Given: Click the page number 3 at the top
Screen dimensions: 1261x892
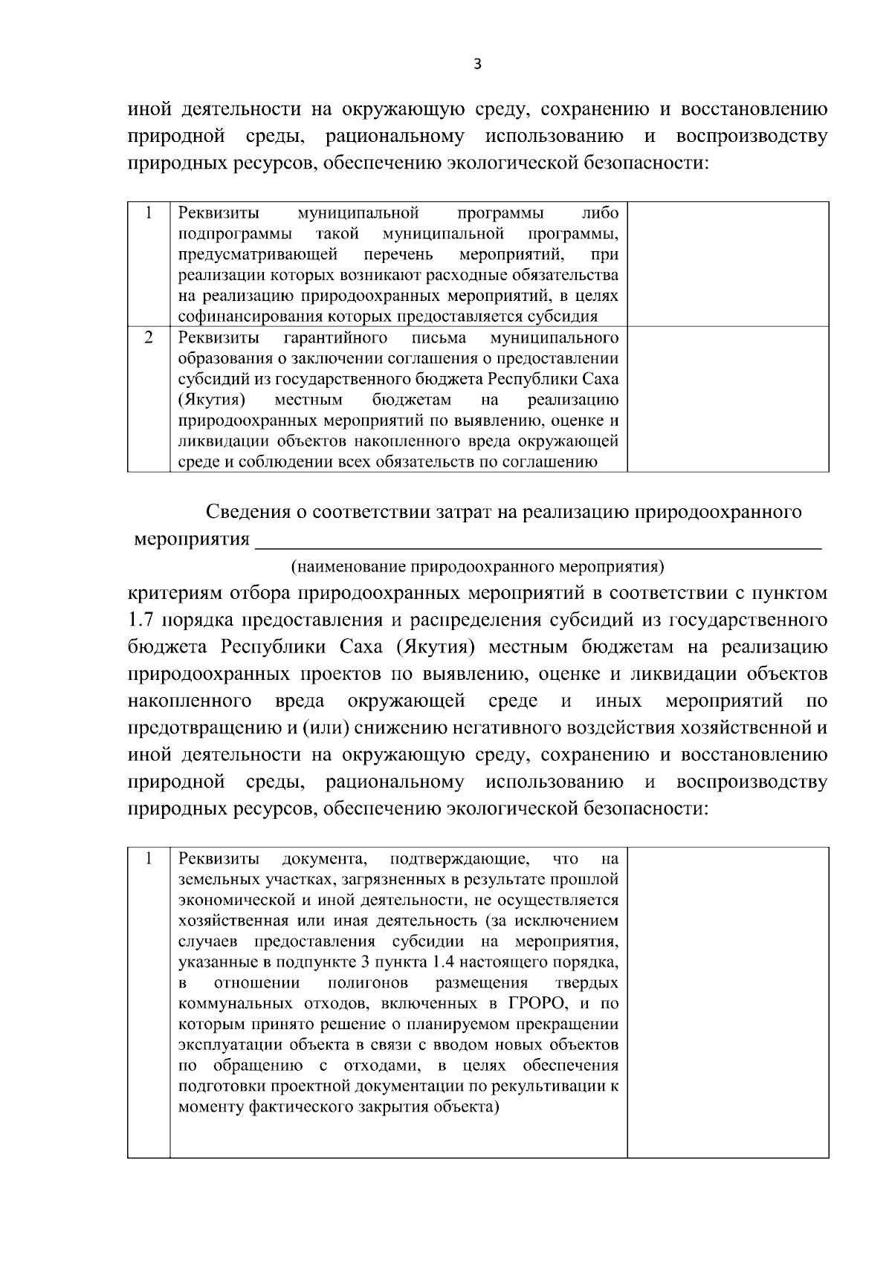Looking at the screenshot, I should tap(477, 65).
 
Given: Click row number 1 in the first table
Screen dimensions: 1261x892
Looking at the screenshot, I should tap(149, 213).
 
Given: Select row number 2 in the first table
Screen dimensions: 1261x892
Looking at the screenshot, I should tap(149, 338).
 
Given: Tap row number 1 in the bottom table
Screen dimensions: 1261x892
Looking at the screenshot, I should tap(149, 859).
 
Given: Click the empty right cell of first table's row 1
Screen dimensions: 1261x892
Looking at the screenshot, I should tap(728, 264).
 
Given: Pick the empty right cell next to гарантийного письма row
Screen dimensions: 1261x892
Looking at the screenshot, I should tap(728, 399).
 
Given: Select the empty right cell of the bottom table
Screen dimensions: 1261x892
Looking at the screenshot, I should tap(728, 1002).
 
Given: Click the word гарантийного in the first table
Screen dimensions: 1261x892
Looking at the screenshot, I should tap(335, 339).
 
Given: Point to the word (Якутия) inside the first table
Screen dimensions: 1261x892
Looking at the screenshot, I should tap(212, 401).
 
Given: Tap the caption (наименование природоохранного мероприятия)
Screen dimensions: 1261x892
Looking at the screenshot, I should tap(476, 567).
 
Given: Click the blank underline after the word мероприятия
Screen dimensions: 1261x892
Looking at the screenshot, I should tap(538, 539).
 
